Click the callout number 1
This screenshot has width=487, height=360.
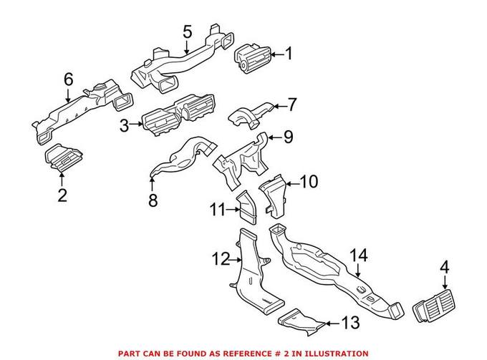pos(289,54)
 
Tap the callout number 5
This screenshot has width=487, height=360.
pos(187,31)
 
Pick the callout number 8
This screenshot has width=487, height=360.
pos(152,200)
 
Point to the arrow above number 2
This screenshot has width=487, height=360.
pos(62,178)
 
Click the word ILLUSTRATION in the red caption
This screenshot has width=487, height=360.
pos(335,354)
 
